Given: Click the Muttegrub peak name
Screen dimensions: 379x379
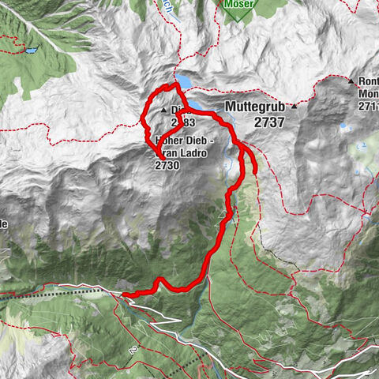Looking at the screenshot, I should point(257,106).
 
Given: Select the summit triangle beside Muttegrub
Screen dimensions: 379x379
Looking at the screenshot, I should point(294,106).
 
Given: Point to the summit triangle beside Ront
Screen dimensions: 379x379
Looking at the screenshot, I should point(351,81).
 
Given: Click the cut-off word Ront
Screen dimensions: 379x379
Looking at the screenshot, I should point(368,81).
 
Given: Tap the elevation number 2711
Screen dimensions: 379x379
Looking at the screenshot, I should point(367,106).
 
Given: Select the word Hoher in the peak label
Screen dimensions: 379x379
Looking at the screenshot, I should point(171,139).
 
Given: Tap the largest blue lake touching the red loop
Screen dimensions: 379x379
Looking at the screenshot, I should point(184,81).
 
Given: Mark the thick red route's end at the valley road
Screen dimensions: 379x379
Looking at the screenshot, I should point(124,294).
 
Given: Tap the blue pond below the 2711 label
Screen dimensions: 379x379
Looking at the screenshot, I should point(346,126).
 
